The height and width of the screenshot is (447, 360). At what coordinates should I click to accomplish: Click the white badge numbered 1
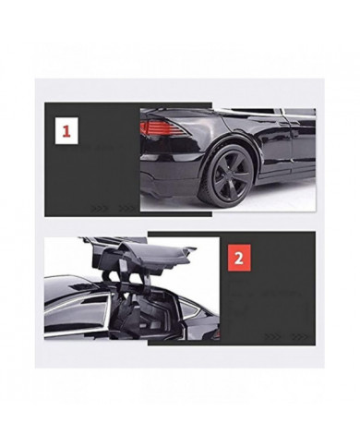(66, 131)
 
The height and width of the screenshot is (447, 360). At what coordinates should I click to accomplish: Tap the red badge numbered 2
(238, 258)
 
